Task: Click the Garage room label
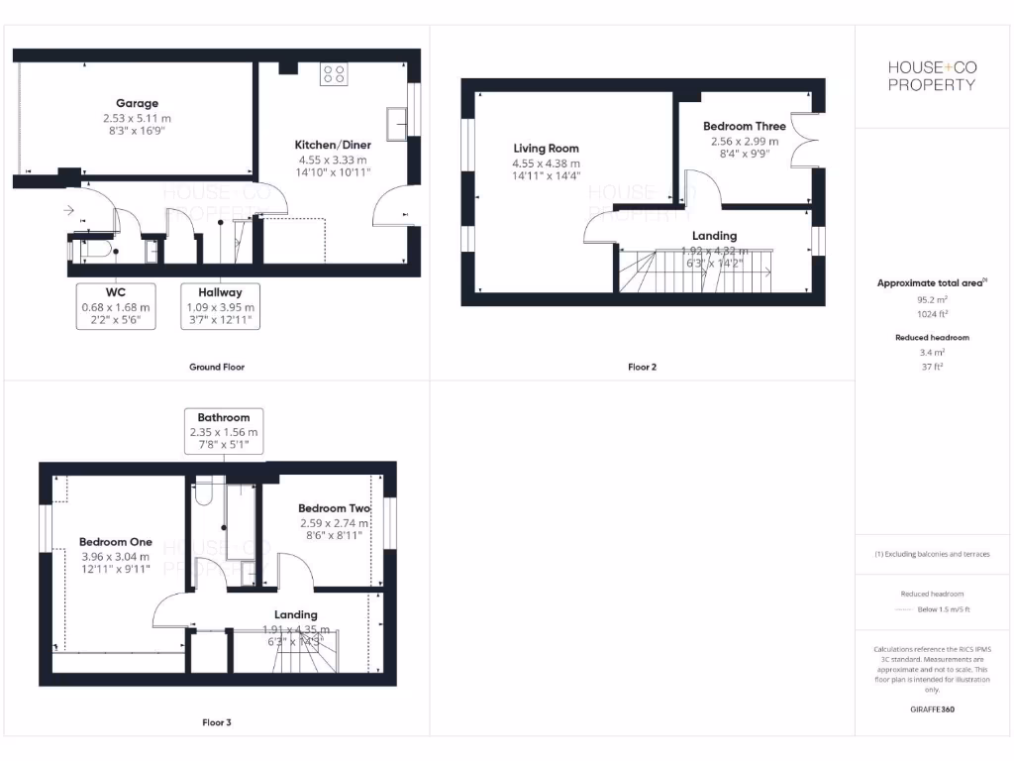(x=137, y=103)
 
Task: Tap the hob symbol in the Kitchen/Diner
(x=334, y=74)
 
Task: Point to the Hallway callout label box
(x=219, y=306)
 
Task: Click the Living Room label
(x=546, y=149)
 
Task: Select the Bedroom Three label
(x=744, y=127)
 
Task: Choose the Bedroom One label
(x=116, y=542)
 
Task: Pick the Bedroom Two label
(x=334, y=508)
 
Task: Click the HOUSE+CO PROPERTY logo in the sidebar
(x=931, y=75)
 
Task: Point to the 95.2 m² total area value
(x=931, y=297)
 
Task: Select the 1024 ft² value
(x=931, y=313)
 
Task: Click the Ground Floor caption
(x=217, y=367)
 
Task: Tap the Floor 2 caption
(x=642, y=367)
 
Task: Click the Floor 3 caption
(x=217, y=722)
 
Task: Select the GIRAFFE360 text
(x=931, y=709)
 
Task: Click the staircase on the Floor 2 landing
(x=693, y=270)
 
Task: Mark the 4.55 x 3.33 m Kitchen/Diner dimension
(x=333, y=159)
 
